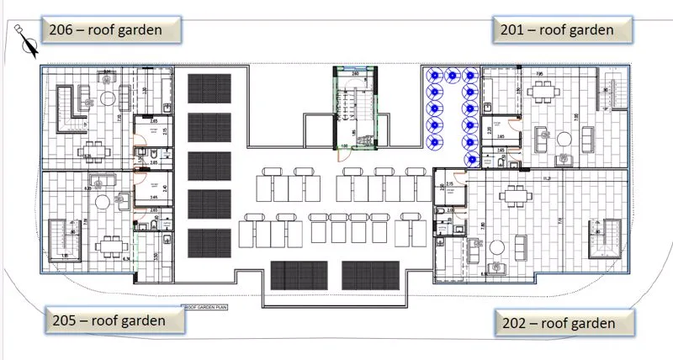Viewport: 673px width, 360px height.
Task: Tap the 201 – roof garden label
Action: coord(563,30)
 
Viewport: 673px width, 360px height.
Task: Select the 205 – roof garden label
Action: coord(114,320)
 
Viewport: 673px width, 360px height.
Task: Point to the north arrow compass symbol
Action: coord(28,40)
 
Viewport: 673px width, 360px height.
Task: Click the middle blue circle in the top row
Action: coord(452,76)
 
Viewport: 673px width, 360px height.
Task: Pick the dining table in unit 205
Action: coord(110,246)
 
